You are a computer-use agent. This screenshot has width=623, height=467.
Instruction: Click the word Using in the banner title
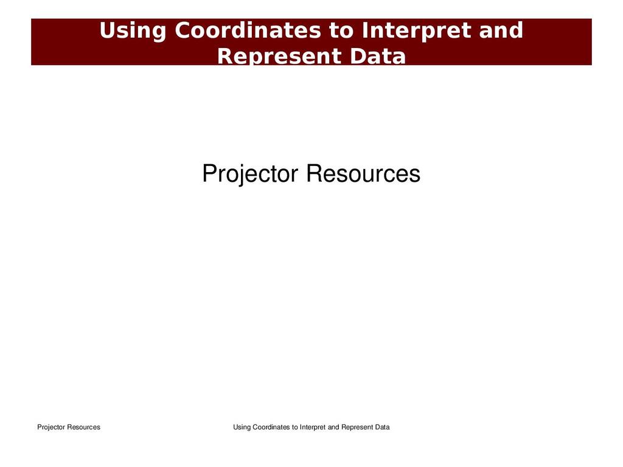pyautogui.click(x=133, y=32)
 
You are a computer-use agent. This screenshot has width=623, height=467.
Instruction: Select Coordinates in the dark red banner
pyautogui.click(x=248, y=30)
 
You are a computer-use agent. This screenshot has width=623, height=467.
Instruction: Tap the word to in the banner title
pyautogui.click(x=341, y=30)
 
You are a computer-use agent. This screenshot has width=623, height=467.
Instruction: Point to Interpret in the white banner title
pyautogui.click(x=416, y=32)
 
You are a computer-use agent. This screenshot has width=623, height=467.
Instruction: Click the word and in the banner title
pyautogui.click(x=501, y=30)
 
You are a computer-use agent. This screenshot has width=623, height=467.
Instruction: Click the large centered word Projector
pyautogui.click(x=250, y=174)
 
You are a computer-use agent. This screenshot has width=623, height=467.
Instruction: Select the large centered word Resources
pyautogui.click(x=363, y=173)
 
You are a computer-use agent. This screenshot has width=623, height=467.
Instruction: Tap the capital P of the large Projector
pyautogui.click(x=209, y=173)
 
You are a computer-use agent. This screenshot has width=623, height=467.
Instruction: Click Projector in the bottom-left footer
pyautogui.click(x=51, y=427)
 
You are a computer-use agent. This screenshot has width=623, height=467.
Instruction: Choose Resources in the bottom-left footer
pyautogui.click(x=83, y=427)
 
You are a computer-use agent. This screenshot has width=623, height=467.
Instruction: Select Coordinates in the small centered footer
pyautogui.click(x=271, y=427)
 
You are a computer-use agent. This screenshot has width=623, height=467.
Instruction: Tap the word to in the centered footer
pyautogui.click(x=295, y=427)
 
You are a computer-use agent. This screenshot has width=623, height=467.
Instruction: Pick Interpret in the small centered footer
pyautogui.click(x=313, y=427)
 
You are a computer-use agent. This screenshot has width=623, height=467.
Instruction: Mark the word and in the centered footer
pyautogui.click(x=334, y=427)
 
